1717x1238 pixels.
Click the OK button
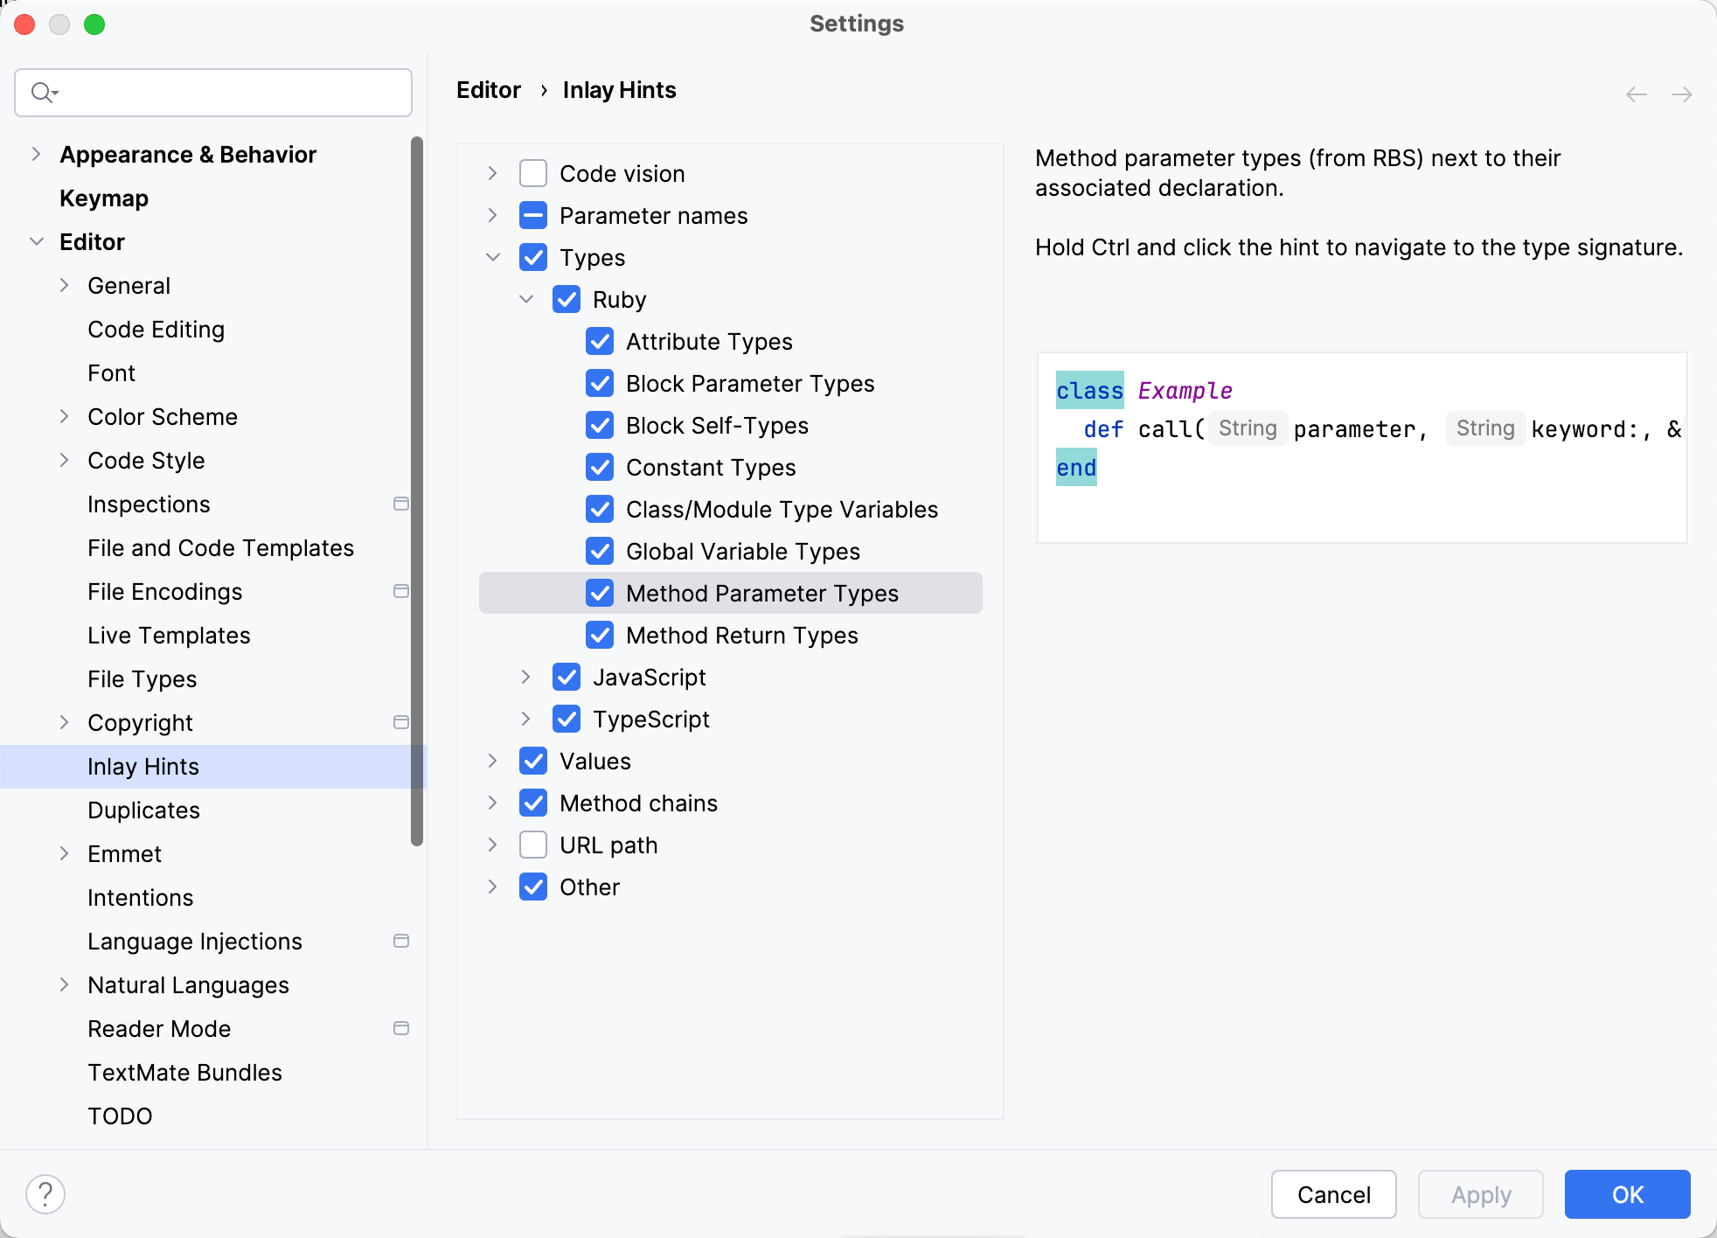tap(1627, 1194)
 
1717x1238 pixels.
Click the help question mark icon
tap(45, 1194)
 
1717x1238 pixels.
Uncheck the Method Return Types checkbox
tap(600, 636)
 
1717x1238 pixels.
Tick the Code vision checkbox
tap(533, 174)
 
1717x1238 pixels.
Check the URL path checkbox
tap(533, 845)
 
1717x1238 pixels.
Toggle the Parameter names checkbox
tap(533, 216)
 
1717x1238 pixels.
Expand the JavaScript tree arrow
tap(525, 678)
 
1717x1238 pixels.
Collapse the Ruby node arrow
tap(525, 300)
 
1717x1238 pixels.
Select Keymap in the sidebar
tap(104, 198)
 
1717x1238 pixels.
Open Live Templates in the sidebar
tap(169, 636)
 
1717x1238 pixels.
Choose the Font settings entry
tap(111, 373)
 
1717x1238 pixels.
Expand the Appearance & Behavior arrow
tap(36, 155)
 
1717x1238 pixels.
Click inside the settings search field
tap(227, 93)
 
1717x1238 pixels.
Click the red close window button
tap(24, 24)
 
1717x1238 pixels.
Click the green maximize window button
tap(94, 24)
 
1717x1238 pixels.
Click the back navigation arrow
tap(1637, 94)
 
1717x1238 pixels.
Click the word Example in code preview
tap(1185, 391)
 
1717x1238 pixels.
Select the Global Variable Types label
tap(743, 552)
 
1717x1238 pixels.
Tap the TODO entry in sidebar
tap(120, 1116)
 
